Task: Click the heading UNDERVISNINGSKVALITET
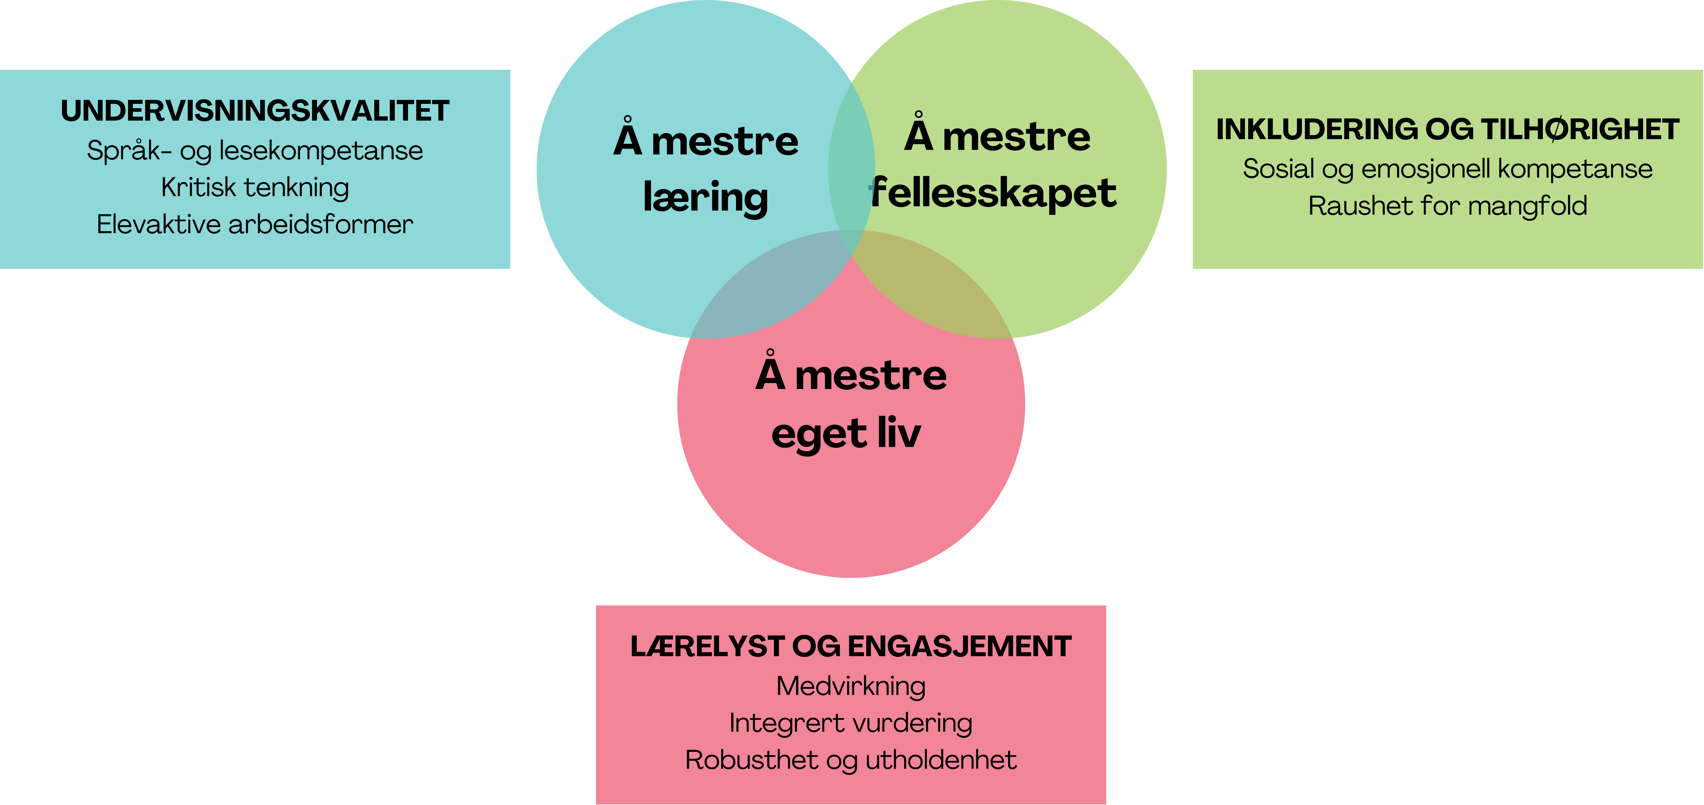click(x=255, y=111)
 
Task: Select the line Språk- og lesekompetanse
click(x=255, y=151)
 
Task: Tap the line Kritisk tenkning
click(x=255, y=188)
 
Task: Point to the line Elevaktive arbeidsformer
click(x=255, y=225)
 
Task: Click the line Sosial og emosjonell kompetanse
click(x=1447, y=169)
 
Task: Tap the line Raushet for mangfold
click(x=1447, y=206)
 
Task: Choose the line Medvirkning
click(x=851, y=687)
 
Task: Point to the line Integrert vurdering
click(x=851, y=724)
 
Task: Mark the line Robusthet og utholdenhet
click(x=851, y=761)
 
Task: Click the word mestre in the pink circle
click(x=871, y=376)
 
